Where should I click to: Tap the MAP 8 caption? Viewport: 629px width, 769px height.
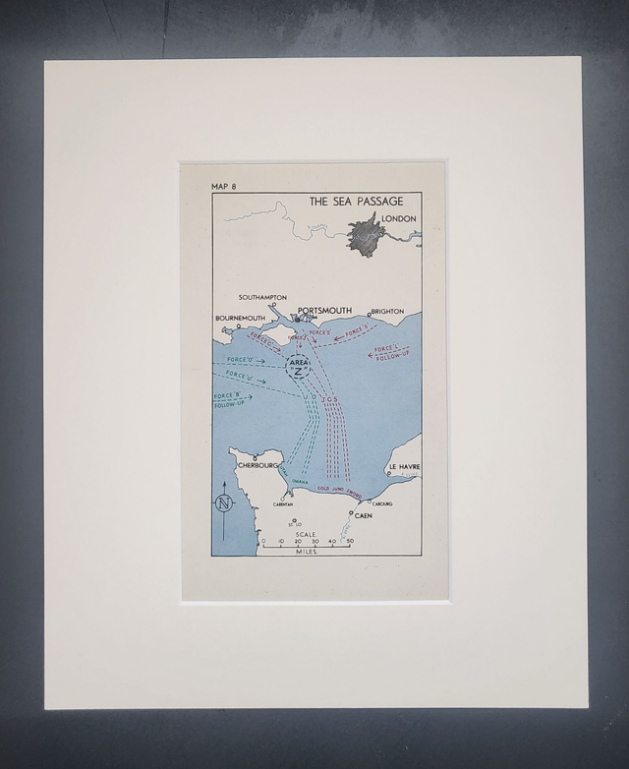(224, 186)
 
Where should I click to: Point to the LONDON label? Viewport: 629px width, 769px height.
(399, 218)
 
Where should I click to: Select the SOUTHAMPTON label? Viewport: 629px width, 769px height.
(263, 297)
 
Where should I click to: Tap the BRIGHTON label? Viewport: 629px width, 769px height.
(387, 311)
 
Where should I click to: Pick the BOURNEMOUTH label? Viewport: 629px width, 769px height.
(241, 319)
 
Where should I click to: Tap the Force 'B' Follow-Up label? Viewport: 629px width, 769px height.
(228, 400)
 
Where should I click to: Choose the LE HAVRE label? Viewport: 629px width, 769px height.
(404, 466)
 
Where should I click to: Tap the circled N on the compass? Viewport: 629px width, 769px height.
(224, 504)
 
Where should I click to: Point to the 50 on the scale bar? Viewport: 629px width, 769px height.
(350, 542)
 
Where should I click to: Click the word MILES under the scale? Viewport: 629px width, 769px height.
(306, 553)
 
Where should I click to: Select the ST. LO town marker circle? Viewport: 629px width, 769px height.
(294, 522)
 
